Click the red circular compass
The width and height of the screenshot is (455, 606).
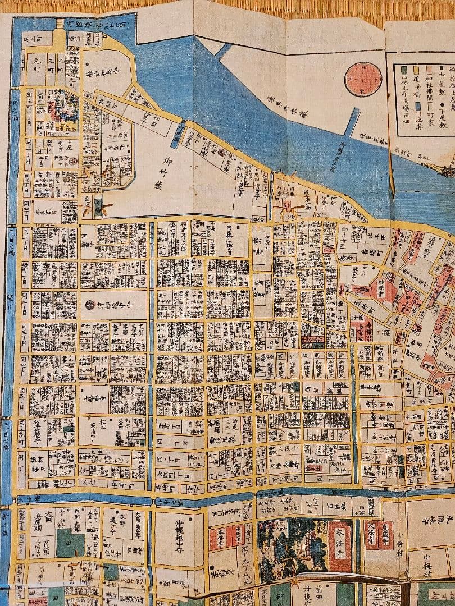click(x=363, y=79)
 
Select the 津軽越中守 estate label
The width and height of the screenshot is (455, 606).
click(x=179, y=540)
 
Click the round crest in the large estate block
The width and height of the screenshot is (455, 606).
click(x=90, y=305)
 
